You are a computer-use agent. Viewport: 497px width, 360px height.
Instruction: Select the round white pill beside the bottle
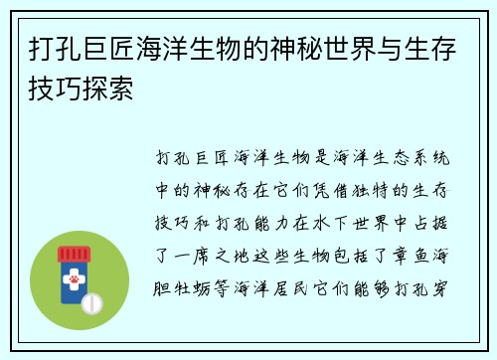click(91, 301)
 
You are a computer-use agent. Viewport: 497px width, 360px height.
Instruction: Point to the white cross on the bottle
click(75, 274)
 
